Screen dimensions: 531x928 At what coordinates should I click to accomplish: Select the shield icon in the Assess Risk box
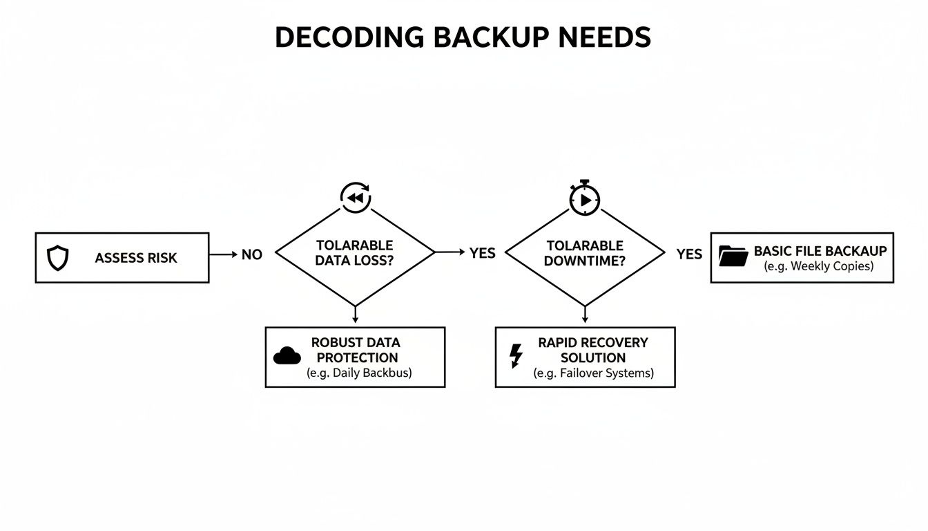pos(57,258)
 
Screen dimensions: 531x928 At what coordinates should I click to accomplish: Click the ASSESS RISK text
pos(136,258)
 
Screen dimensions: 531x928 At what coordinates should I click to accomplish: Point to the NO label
pos(252,254)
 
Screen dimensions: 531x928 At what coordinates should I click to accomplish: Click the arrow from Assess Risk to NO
pos(223,254)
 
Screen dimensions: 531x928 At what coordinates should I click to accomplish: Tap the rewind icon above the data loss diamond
pos(356,198)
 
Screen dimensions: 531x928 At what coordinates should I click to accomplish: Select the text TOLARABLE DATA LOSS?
pos(355,253)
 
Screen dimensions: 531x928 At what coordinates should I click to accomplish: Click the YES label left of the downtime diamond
pos(483,253)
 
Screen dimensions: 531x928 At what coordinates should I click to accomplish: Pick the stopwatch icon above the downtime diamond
pos(585,198)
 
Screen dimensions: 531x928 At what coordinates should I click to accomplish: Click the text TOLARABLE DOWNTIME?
pos(585,253)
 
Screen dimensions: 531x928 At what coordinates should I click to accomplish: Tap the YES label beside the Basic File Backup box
pos(689,254)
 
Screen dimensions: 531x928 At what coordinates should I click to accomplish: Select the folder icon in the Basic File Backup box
pos(733,256)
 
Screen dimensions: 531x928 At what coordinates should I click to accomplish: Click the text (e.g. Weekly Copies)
pos(819,267)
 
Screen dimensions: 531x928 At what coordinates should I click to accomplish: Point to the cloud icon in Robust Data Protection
pos(287,356)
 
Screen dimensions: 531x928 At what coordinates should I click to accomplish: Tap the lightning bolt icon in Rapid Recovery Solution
pos(516,355)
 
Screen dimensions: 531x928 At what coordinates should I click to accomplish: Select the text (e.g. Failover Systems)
pos(594,373)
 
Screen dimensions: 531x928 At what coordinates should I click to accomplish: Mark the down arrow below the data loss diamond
pos(355,315)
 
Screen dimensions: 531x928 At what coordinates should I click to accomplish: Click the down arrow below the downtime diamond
pos(585,315)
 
